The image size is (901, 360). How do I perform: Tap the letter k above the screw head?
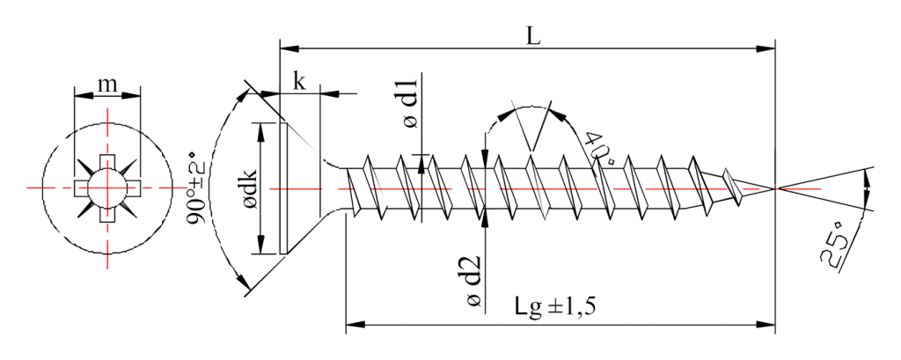click(x=301, y=82)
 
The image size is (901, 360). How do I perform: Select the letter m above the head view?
click(x=107, y=84)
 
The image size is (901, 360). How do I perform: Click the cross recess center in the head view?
click(x=107, y=188)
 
